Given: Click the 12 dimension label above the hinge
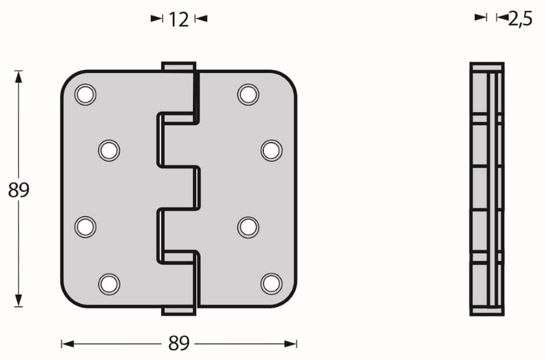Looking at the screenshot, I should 179,20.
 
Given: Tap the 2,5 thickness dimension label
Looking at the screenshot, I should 520,19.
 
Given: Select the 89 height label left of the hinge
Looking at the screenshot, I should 19,191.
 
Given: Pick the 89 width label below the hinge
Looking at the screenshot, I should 179,344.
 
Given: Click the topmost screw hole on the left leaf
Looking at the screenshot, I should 85,95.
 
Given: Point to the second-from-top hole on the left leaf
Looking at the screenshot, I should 109,150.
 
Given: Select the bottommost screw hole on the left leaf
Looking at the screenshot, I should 109,283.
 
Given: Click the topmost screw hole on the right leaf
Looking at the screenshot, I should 248,94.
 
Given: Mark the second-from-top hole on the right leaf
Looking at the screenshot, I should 271,150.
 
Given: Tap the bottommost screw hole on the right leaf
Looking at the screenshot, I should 271,283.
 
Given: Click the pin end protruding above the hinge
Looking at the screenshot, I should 178,66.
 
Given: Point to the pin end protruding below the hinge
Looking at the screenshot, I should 178,310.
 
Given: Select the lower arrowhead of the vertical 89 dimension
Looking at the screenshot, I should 19,301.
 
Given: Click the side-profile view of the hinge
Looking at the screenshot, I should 487,189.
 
